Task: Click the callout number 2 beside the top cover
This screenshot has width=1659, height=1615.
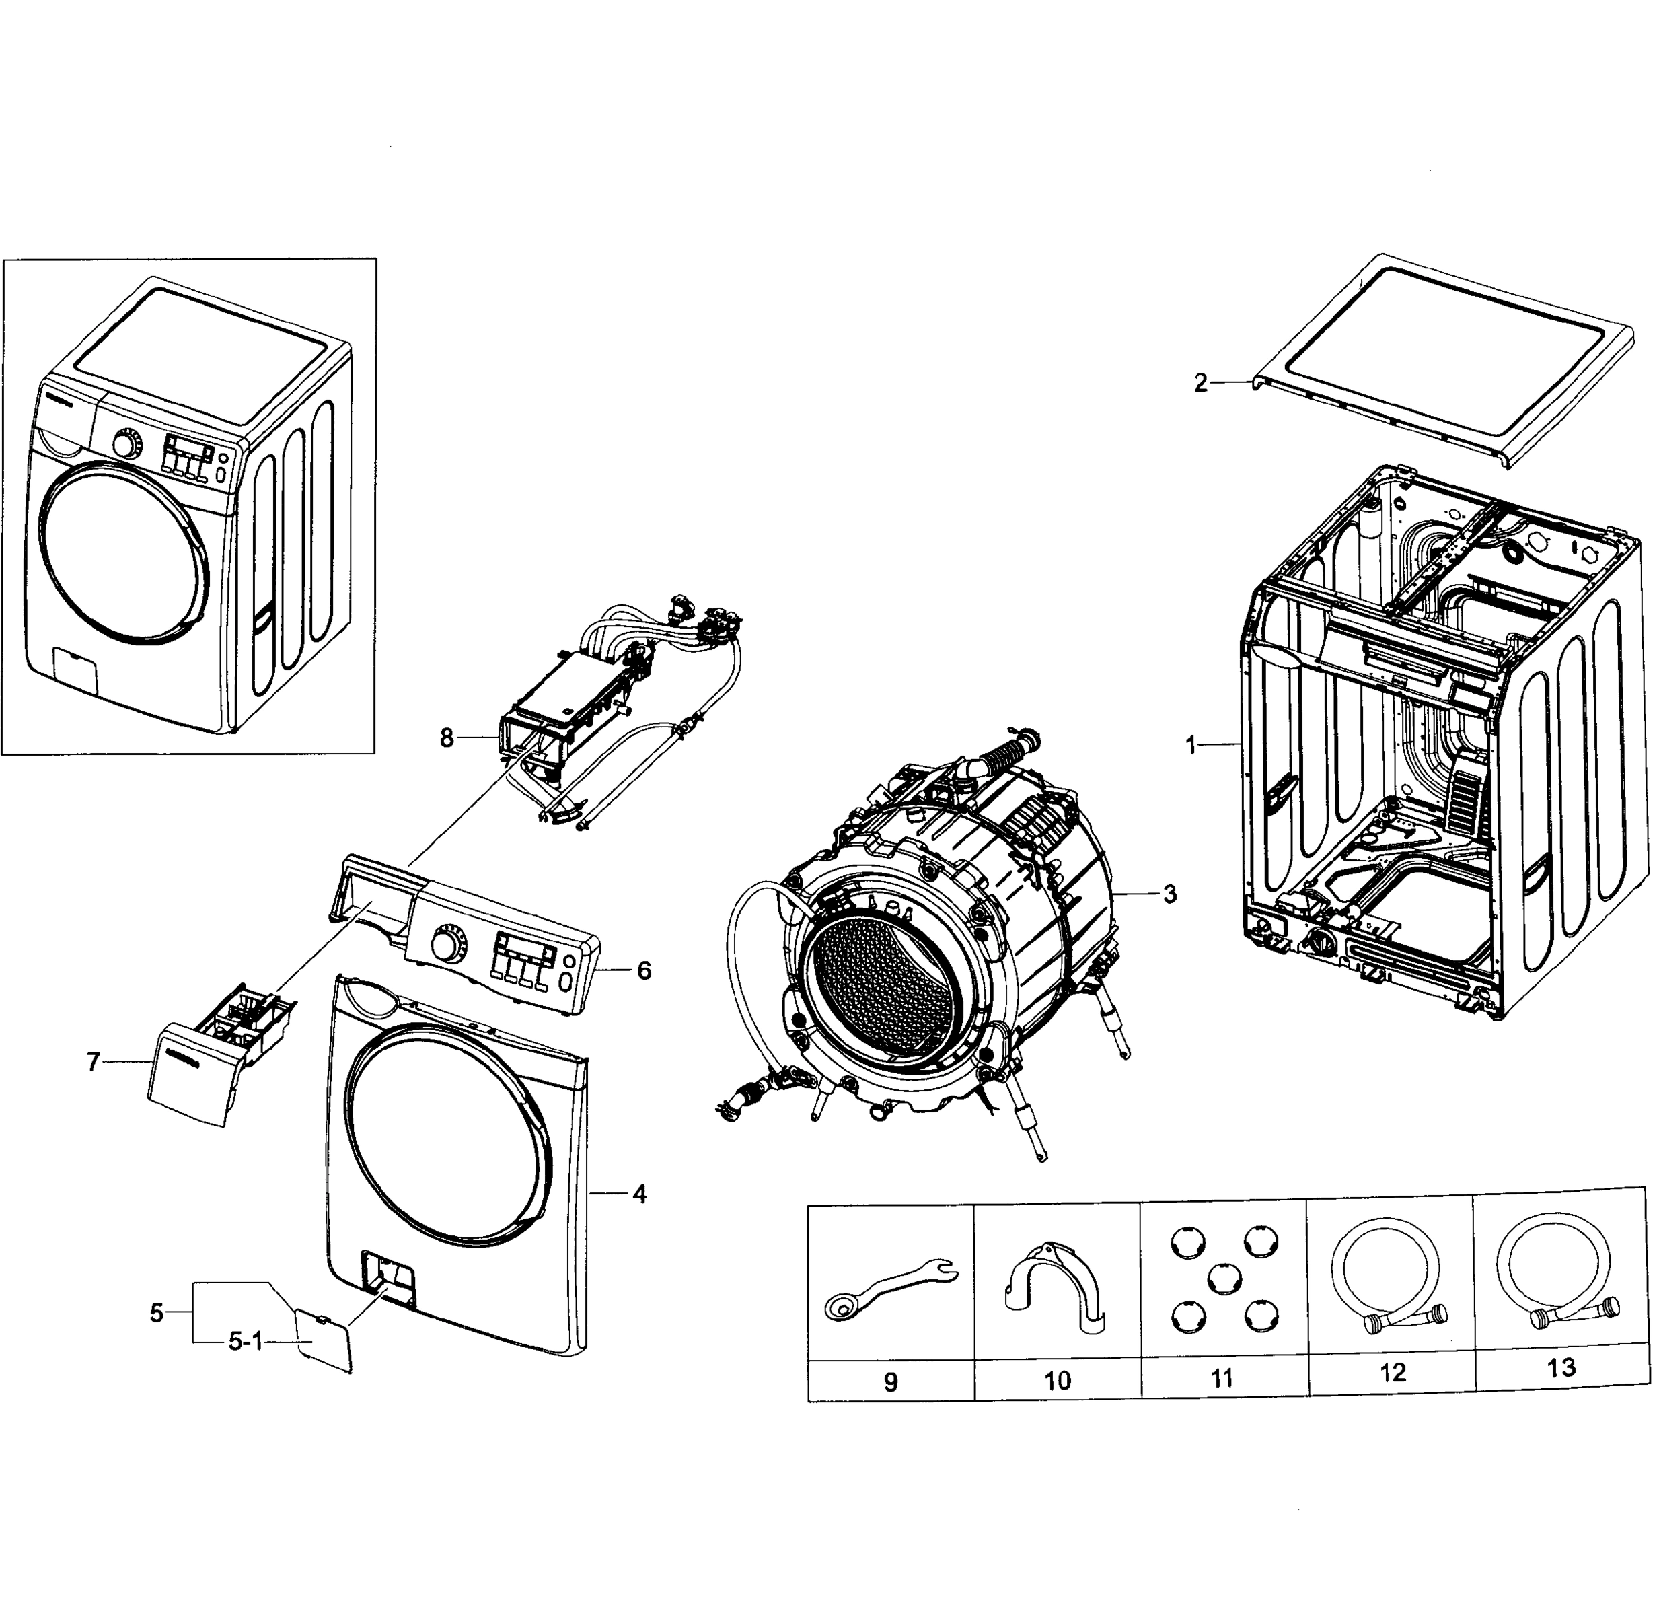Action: pos(1200,384)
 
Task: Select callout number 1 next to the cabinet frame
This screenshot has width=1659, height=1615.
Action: pos(1191,746)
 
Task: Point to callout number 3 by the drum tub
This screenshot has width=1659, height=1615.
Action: pos(1170,894)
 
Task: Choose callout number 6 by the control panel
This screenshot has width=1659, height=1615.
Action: pos(644,970)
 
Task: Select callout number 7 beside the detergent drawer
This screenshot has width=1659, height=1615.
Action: pos(94,1062)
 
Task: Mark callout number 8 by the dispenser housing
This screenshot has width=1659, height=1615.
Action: pos(447,739)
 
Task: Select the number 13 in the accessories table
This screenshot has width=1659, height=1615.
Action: pos(1561,1367)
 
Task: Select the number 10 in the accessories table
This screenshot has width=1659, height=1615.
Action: pos(1057,1381)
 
